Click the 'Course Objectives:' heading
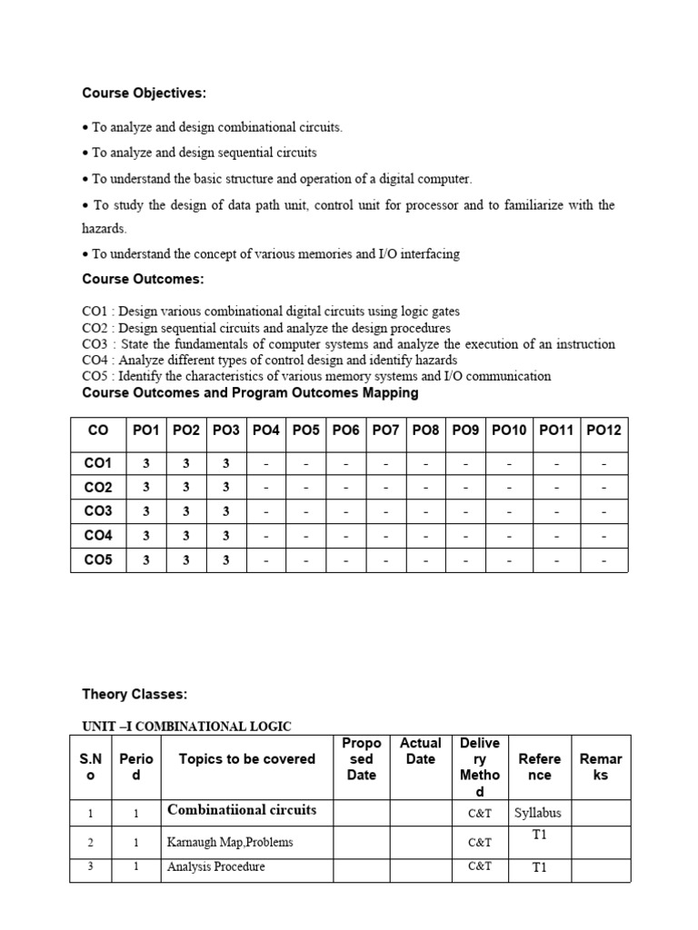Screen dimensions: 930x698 [144, 93]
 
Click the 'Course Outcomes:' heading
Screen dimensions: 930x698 [143, 279]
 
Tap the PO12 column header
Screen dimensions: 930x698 [603, 430]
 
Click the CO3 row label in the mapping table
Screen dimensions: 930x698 [98, 511]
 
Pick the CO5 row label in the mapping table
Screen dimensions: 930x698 [98, 560]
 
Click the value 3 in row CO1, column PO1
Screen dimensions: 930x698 [145, 463]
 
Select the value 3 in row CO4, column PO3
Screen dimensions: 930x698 [225, 536]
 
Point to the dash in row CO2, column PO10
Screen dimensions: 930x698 [508, 488]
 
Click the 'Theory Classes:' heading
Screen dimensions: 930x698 [135, 695]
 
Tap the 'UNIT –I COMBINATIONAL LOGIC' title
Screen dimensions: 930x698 [186, 726]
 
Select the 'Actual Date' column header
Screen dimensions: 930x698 [420, 751]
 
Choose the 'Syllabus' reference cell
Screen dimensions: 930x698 [539, 812]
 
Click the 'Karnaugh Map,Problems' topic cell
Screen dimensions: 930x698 [230, 842]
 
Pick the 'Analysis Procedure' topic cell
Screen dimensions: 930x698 [216, 867]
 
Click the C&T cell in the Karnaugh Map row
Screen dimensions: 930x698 [480, 842]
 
